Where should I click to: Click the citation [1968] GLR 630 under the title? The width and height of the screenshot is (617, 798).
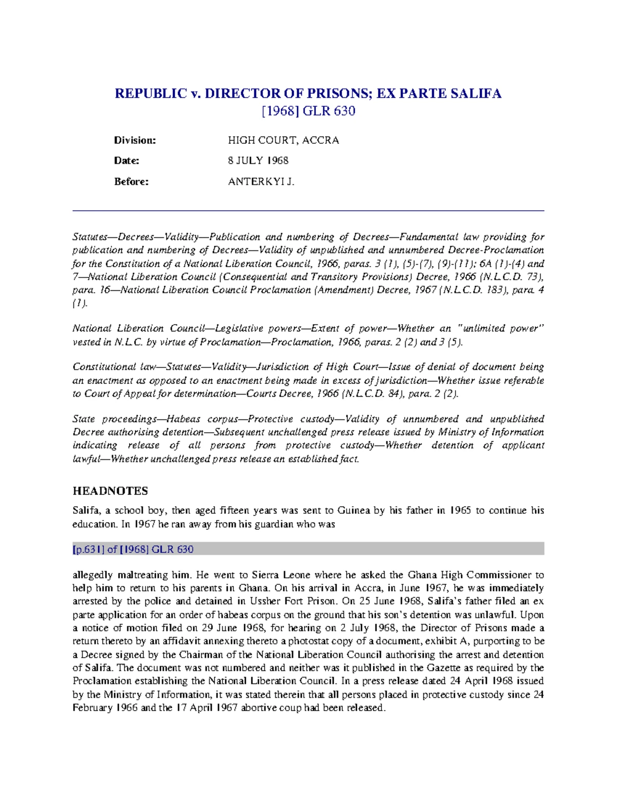(308, 111)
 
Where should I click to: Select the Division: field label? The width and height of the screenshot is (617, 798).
(135, 140)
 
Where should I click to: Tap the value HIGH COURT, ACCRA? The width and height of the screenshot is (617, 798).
(283, 140)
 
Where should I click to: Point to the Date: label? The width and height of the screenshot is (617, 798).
(126, 161)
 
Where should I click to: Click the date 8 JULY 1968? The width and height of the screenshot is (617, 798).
(258, 161)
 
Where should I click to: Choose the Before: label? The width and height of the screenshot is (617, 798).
(131, 181)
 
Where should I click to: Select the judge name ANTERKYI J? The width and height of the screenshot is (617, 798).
(261, 181)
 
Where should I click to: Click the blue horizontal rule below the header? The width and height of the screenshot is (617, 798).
(308, 211)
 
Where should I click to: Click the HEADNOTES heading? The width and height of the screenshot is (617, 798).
(110, 491)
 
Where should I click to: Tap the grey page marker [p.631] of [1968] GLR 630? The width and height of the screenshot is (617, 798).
(133, 549)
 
